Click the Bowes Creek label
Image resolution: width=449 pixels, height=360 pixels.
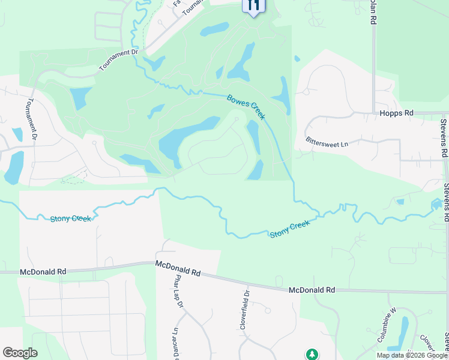pyautogui.click(x=246, y=107)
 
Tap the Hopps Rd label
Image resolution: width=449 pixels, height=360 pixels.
pyautogui.click(x=397, y=113)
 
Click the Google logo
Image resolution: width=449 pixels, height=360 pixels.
pyautogui.click(x=20, y=353)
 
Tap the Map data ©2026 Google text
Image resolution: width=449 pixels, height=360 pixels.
pyautogui.click(x=412, y=355)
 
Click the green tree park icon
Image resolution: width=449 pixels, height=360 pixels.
pyautogui.click(x=312, y=354)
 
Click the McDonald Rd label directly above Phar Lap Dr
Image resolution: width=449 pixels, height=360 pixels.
pyautogui.click(x=177, y=268)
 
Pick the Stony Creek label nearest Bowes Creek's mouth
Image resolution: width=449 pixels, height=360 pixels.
pyautogui.click(x=290, y=229)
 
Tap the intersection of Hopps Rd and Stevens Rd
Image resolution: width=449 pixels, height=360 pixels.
pyautogui.click(x=445, y=112)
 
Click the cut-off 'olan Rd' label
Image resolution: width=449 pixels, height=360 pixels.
pyautogui.click(x=373, y=12)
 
